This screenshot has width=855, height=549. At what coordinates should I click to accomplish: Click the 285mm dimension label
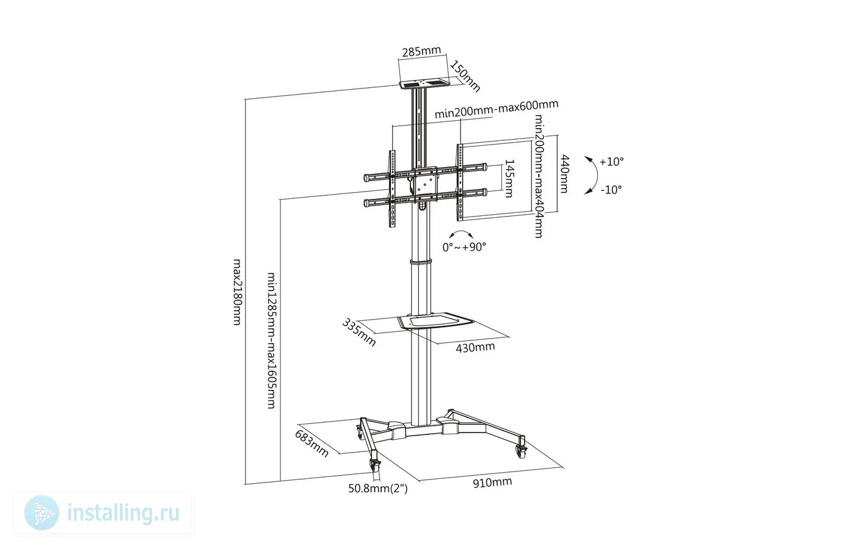click(421, 51)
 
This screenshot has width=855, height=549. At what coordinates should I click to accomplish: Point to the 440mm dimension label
click(564, 174)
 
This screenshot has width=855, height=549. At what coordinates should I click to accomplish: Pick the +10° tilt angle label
click(611, 162)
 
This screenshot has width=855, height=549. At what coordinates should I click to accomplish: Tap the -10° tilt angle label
click(611, 190)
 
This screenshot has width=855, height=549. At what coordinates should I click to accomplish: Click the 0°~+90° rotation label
click(464, 247)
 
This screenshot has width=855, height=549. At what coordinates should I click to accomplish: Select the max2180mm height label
click(238, 292)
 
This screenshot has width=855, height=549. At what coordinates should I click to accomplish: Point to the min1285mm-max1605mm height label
click(271, 340)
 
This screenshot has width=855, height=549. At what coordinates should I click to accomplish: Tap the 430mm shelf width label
click(475, 347)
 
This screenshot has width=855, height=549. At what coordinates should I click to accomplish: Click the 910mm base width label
click(492, 483)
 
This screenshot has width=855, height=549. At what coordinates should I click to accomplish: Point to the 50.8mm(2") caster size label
click(378, 488)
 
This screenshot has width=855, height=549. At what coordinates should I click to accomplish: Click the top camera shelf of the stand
click(424, 84)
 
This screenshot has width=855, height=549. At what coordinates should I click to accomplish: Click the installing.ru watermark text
click(123, 513)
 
